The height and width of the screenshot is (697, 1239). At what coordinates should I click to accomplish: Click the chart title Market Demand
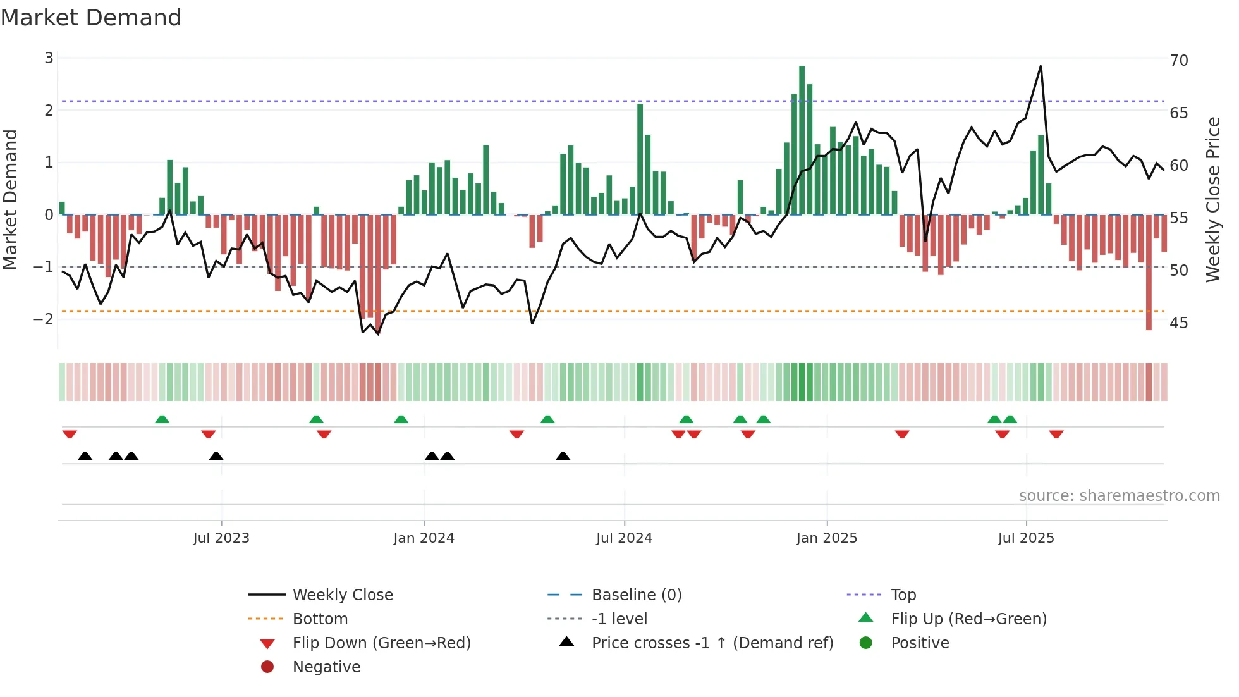91,18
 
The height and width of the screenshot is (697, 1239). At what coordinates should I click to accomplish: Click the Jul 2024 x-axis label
624,538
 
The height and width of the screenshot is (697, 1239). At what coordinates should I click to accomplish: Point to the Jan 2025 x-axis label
826,538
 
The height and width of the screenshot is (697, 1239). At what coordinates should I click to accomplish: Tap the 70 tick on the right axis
1179,60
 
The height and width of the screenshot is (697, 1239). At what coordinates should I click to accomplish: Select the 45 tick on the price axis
1179,323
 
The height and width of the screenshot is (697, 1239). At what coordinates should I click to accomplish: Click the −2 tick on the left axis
43,319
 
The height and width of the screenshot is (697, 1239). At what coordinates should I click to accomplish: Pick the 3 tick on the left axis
49,58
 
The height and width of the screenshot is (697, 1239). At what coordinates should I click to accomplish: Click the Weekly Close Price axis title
1212,199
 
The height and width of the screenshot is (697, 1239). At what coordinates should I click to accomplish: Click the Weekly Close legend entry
342,595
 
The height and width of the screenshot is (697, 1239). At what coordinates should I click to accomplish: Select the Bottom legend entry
320,619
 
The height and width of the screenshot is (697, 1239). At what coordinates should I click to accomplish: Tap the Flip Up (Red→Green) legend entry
968,619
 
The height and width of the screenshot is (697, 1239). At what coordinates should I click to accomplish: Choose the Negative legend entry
326,667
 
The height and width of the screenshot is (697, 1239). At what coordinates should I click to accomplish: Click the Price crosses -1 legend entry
712,643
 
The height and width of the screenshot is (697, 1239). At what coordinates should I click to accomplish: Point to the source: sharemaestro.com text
1119,495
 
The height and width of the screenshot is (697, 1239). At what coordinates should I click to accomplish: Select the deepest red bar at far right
1149,272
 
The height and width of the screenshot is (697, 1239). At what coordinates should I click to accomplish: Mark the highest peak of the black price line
1041,66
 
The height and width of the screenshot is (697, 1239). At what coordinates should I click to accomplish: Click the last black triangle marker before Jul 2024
563,456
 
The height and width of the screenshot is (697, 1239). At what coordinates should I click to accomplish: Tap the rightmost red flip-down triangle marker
1056,434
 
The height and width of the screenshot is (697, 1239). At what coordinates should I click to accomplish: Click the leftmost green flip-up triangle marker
162,419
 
